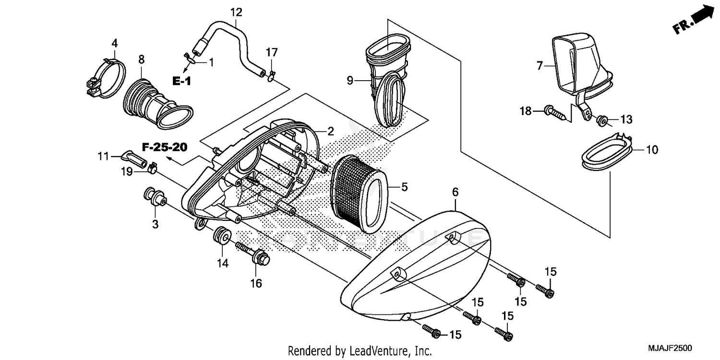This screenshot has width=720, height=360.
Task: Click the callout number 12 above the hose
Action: [236, 12]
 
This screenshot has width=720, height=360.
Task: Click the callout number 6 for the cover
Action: [455, 192]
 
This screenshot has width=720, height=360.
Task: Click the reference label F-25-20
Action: [164, 147]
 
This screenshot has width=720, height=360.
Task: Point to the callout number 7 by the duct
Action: [539, 65]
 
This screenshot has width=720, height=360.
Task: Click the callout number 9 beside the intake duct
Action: [349, 81]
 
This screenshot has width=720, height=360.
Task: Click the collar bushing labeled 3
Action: [155, 197]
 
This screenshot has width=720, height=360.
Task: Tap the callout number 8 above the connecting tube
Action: [141, 60]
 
